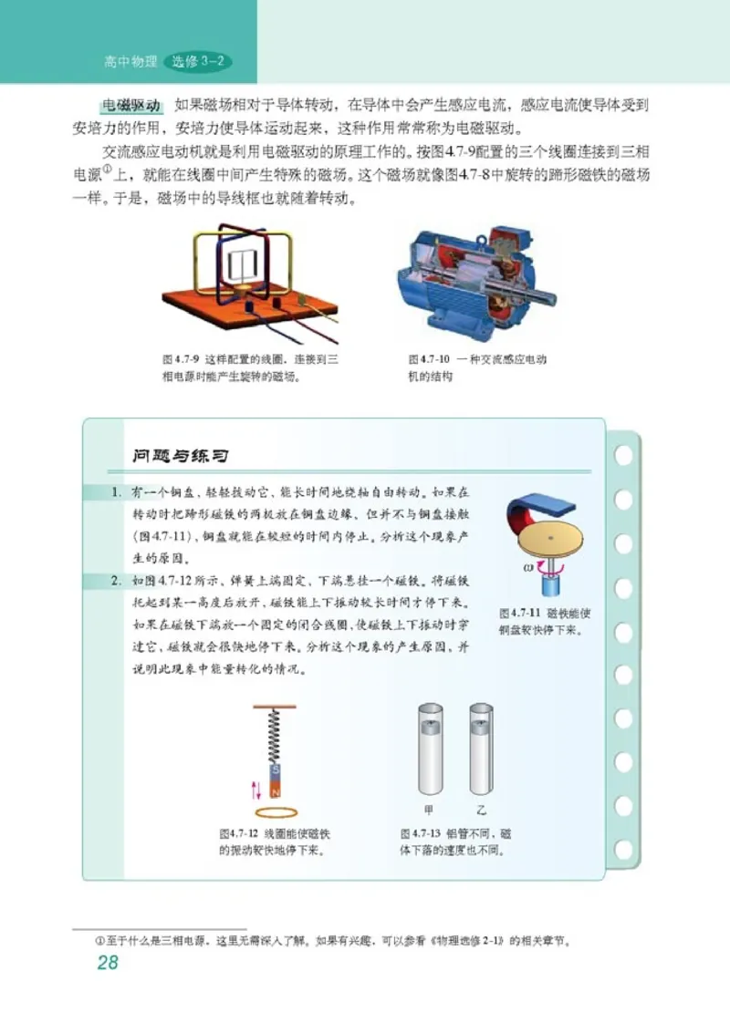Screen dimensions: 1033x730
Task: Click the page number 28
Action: pyautogui.click(x=108, y=963)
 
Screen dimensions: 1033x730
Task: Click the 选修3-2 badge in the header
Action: pyautogui.click(x=198, y=62)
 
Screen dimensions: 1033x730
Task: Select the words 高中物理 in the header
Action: pyautogui.click(x=129, y=62)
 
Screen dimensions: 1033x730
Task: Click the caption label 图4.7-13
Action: pyautogui.click(x=421, y=834)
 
